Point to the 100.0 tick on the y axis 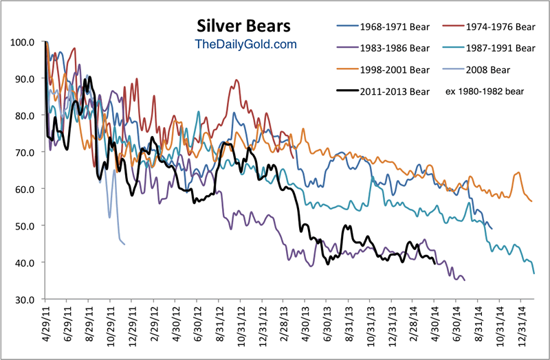pos(23,42)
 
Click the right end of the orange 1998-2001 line pos(532,201)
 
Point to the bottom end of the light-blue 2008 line pos(124,244)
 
